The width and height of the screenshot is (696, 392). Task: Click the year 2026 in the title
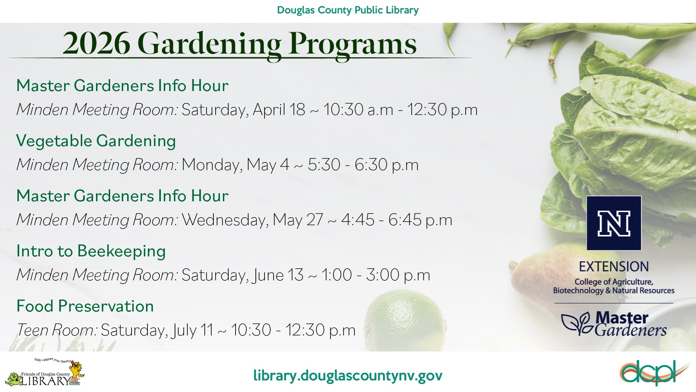(x=96, y=44)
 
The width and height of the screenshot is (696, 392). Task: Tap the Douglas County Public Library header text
(x=347, y=10)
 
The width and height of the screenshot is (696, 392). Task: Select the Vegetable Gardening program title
(x=96, y=141)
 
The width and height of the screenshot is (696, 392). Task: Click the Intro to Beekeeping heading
(x=91, y=251)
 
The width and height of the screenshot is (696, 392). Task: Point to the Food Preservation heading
(x=85, y=306)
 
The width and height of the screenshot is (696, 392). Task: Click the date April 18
(x=279, y=110)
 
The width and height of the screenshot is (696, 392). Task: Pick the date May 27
(x=298, y=220)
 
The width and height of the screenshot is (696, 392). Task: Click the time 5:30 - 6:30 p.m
(x=363, y=165)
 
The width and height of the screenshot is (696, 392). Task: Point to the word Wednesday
(x=225, y=220)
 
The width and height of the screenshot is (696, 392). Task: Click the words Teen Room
(x=56, y=330)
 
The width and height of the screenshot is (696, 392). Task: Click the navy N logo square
(x=614, y=223)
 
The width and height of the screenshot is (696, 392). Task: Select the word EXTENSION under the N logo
(x=614, y=267)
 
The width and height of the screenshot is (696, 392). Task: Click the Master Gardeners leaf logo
(x=614, y=324)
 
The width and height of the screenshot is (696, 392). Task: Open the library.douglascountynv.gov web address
(x=348, y=376)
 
